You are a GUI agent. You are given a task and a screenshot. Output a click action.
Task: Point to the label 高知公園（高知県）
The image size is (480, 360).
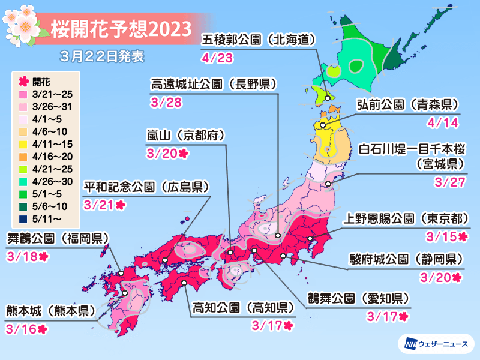pos(244,308)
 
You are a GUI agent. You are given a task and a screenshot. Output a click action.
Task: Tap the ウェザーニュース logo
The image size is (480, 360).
pos(434,344)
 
